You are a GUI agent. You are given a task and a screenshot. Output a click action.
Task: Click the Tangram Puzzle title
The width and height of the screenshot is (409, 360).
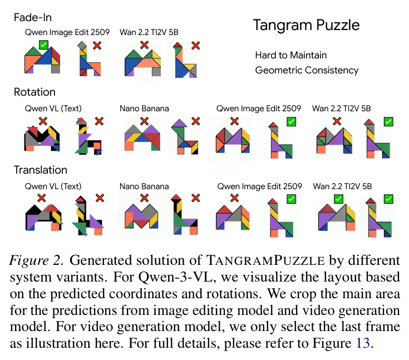point(306,25)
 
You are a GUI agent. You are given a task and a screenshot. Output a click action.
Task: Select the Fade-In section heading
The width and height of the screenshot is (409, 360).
point(33,17)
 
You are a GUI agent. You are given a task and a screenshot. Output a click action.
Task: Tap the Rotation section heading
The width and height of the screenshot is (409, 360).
point(35,92)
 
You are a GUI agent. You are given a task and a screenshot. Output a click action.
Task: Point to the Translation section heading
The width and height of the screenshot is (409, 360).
point(41,170)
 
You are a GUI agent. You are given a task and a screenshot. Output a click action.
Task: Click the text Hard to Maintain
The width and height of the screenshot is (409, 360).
point(291,55)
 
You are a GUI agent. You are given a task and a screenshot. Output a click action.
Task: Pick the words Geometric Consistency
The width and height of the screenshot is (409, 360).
point(307,71)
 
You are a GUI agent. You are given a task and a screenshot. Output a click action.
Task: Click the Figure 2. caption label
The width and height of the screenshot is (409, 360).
point(36,260)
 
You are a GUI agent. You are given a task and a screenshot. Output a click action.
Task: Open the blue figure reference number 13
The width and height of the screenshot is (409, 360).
point(363,343)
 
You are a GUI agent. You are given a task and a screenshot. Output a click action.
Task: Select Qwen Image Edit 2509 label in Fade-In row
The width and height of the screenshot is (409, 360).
point(67,32)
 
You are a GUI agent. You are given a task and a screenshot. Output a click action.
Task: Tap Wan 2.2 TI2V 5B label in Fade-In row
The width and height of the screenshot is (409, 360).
point(149,32)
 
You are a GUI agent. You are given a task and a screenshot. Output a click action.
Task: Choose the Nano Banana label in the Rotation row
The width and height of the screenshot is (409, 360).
point(144,109)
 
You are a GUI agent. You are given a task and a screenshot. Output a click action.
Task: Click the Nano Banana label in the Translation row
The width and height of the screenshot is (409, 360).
point(144,186)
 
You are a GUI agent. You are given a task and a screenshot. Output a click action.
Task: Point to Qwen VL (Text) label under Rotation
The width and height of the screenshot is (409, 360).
point(53,109)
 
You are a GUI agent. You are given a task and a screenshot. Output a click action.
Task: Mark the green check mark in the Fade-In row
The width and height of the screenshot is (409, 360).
point(43,45)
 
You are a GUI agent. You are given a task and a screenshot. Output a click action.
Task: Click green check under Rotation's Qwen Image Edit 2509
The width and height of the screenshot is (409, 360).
point(291,121)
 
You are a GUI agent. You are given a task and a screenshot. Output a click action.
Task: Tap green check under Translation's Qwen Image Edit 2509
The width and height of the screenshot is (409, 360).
point(291,199)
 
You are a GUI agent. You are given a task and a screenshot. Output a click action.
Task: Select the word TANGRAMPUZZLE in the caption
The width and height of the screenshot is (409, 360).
point(265,260)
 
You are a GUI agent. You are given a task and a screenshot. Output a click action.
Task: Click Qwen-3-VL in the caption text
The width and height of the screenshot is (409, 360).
point(175,277)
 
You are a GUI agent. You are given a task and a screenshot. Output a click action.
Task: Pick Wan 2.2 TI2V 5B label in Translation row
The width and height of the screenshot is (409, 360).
point(342,186)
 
